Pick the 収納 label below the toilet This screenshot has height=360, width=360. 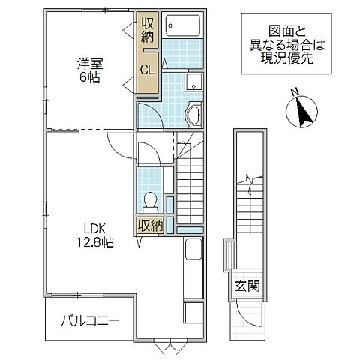[x=148, y=226]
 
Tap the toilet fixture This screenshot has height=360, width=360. [x=150, y=201]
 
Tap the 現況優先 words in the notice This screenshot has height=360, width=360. [x=281, y=60]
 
